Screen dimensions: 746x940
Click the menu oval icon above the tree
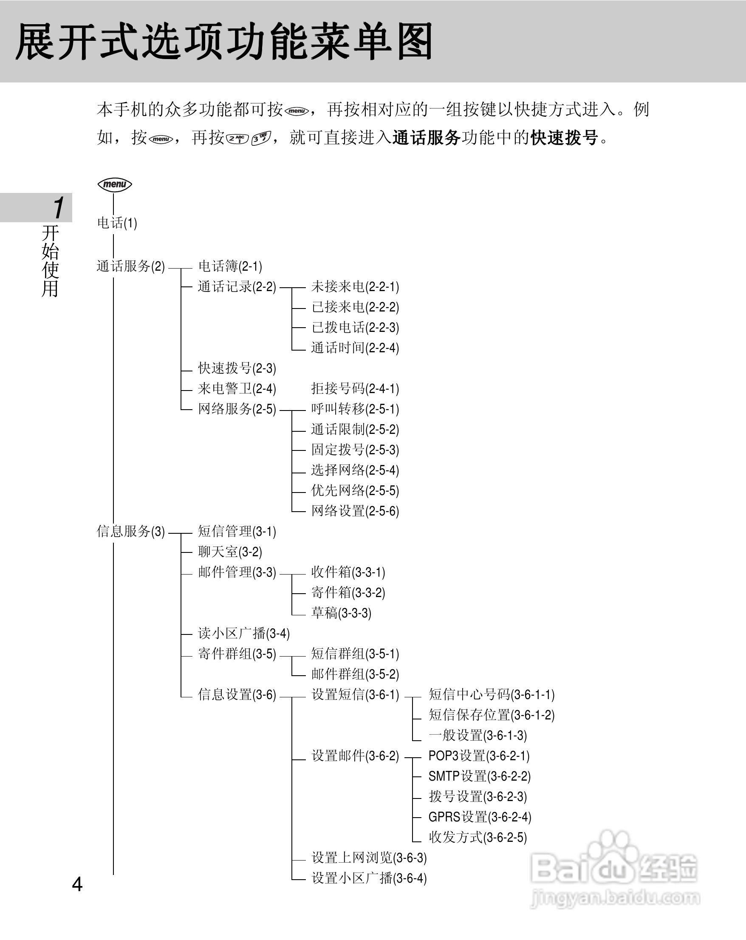[x=115, y=184]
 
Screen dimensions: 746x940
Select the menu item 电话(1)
[x=117, y=223]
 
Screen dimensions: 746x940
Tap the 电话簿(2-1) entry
[x=230, y=266]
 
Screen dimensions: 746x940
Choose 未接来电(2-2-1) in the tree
[x=355, y=286]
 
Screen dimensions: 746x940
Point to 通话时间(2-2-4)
[x=355, y=348]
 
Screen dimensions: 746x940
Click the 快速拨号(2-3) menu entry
[x=237, y=368]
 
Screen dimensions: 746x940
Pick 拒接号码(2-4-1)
[x=355, y=388]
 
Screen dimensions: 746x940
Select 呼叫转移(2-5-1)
[x=355, y=409]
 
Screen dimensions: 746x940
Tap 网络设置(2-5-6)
[x=355, y=510]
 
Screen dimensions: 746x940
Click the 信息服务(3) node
[x=130, y=531]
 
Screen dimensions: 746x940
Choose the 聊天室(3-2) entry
[x=230, y=552]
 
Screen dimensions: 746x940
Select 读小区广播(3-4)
[x=243, y=633]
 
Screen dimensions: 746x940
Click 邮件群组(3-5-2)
[x=355, y=674]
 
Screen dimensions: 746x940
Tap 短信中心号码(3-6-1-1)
[x=491, y=694]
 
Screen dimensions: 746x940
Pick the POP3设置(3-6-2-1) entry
[x=478, y=756]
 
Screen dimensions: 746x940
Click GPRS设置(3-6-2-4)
[x=479, y=817]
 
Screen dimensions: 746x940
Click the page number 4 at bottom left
[x=77, y=884]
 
